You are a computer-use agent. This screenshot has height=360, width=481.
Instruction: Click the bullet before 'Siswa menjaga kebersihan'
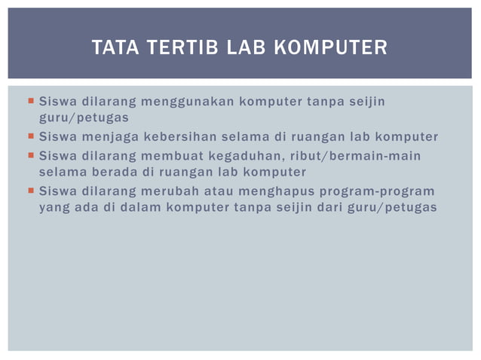[29, 137]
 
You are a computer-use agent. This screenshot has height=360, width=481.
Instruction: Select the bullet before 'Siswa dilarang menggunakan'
[29, 101]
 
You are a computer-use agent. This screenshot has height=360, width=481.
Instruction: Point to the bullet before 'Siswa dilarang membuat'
[29, 156]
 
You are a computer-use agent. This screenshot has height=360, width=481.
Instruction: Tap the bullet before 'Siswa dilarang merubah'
[29, 191]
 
